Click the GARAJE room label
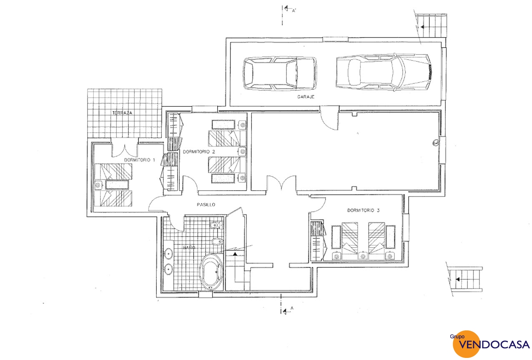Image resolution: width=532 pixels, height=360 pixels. click(306, 97)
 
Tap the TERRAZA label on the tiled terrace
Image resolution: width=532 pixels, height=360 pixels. click(122, 113)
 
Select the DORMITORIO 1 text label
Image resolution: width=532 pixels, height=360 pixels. click(139, 160)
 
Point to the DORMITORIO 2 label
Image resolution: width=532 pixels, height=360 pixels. click(199, 151)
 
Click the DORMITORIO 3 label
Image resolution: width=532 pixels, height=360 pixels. click(363, 210)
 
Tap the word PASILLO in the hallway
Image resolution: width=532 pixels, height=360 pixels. click(206, 204)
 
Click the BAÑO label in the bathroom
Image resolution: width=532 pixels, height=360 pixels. click(189, 247)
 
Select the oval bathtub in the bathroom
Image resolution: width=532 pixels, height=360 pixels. click(211, 272)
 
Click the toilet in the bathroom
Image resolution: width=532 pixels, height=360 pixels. click(216, 225)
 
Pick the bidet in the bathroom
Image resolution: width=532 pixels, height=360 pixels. click(217, 242)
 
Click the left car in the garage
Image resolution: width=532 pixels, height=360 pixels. click(280, 73)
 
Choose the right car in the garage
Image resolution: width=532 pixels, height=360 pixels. click(383, 72)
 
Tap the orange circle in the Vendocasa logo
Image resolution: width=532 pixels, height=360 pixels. click(467, 344)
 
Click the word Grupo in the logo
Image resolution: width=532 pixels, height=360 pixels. click(457, 337)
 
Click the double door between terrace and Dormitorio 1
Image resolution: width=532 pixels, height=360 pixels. click(125, 148)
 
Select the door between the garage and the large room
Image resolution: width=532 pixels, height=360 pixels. click(329, 118)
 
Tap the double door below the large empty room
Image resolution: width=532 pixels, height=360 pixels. click(281, 183)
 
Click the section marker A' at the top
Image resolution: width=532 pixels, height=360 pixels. click(294, 11)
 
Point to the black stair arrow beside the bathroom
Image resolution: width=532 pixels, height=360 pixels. click(235, 254)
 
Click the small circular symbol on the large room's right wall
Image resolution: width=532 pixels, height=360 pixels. click(436, 143)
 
